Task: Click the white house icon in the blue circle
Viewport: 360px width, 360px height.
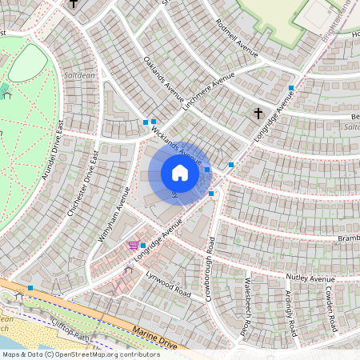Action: pos(180,173)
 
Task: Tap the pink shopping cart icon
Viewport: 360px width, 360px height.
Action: pos(132,246)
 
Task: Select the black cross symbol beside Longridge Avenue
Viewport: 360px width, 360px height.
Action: pos(258,114)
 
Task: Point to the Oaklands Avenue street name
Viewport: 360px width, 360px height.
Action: pos(164,79)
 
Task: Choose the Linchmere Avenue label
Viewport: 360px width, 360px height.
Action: pos(210,94)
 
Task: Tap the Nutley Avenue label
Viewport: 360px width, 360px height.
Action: pos(310,278)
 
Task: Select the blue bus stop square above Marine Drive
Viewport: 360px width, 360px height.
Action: pos(30,288)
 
